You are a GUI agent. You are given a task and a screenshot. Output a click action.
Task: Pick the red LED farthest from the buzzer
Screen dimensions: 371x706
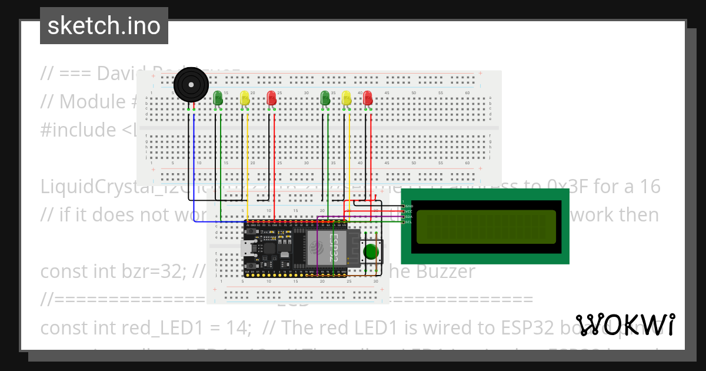pyautogui.click(x=368, y=98)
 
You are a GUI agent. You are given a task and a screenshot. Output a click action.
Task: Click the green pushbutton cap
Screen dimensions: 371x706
pyautogui.click(x=371, y=252)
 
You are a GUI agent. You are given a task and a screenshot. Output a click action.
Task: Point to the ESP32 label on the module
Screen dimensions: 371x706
pyautogui.click(x=334, y=248)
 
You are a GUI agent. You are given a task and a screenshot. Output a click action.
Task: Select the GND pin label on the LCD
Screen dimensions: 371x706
pyautogui.click(x=409, y=207)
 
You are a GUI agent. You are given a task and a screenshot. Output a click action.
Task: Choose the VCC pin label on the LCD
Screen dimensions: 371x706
pyautogui.click(x=409, y=212)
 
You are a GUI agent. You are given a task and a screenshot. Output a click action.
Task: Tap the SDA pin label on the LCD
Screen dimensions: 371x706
pyautogui.click(x=409, y=217)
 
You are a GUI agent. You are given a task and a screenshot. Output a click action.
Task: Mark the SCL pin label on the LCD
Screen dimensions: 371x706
pyautogui.click(x=409, y=223)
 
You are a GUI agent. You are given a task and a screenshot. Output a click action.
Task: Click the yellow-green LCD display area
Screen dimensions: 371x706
pyautogui.click(x=485, y=227)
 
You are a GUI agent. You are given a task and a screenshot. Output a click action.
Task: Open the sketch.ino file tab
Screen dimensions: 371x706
pyautogui.click(x=104, y=26)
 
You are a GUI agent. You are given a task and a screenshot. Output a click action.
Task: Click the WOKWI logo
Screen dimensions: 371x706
pyautogui.click(x=625, y=324)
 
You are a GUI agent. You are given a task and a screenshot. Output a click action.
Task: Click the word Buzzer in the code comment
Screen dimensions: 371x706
pyautogui.click(x=446, y=271)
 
